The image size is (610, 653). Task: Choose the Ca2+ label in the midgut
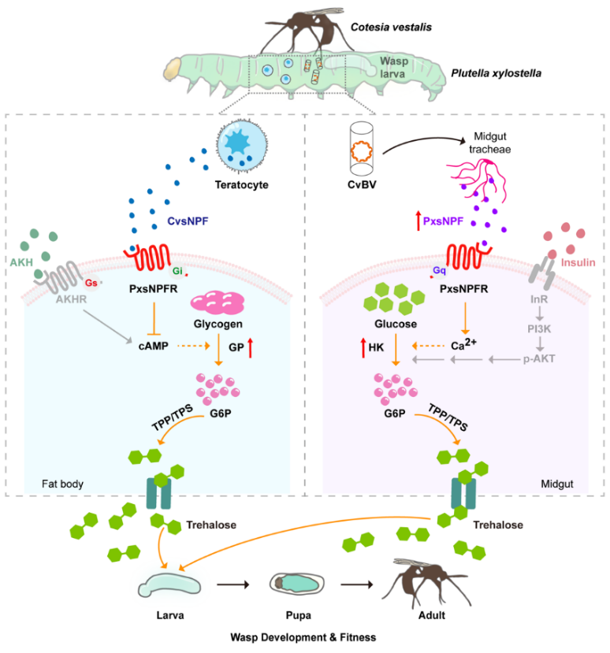469,344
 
